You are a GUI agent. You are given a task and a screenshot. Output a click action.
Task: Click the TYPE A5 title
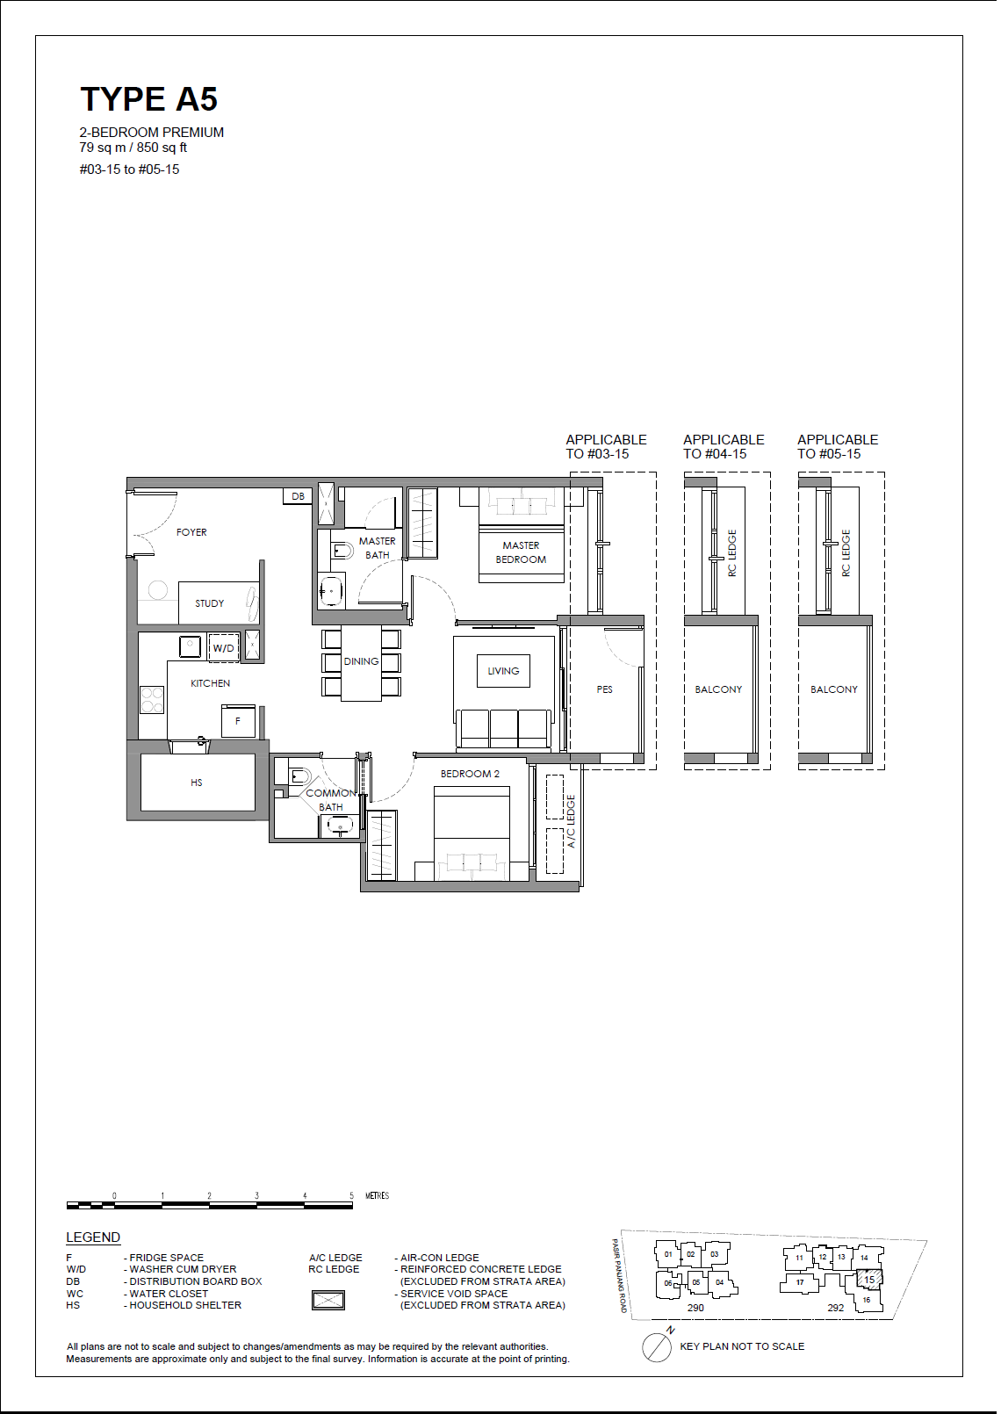149,99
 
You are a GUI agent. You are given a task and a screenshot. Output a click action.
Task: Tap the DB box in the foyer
298,496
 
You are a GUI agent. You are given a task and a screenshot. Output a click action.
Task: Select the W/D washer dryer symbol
223,647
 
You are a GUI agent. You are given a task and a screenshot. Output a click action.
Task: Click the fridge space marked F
238,721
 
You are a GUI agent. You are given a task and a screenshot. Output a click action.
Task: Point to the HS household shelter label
197,783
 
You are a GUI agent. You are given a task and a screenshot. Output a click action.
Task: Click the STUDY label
210,603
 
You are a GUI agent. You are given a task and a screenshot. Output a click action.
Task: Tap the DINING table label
361,661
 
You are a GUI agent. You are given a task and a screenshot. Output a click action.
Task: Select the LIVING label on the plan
503,670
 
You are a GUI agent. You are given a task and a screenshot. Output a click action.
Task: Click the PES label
605,689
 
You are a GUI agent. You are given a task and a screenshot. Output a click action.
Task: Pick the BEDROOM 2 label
470,773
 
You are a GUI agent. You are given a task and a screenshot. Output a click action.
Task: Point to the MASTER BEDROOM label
521,552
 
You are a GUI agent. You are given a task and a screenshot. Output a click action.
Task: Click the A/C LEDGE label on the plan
572,821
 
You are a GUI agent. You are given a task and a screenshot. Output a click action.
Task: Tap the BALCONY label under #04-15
718,689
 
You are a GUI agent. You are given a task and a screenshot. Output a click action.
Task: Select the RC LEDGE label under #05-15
846,553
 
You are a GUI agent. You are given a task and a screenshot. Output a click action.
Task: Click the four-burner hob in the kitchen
152,699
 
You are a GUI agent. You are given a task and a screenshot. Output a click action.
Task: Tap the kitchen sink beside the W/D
190,646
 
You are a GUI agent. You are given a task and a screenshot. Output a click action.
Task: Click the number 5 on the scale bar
351,1195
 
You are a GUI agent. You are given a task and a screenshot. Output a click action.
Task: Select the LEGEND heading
93,1237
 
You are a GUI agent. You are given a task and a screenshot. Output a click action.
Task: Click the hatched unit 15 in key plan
869,1280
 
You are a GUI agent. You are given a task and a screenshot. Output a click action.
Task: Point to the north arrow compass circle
657,1347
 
